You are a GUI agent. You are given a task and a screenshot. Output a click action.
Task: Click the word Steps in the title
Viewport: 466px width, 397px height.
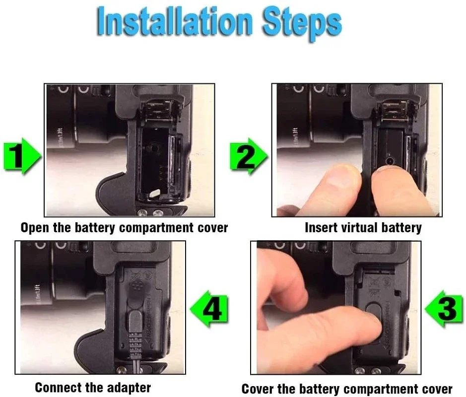(302, 23)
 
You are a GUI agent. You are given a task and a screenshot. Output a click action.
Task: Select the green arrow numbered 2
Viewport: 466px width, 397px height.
(249, 156)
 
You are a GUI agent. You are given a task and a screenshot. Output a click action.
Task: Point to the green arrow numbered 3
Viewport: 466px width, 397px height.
(444, 309)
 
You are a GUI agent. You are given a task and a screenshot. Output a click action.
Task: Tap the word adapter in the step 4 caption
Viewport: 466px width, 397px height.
(129, 388)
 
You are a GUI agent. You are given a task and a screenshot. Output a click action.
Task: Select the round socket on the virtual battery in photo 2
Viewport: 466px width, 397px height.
(390, 161)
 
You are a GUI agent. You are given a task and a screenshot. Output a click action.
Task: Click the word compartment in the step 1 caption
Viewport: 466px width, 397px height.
(156, 228)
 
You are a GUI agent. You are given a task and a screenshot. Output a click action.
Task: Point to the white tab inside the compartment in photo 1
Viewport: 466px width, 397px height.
(155, 194)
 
